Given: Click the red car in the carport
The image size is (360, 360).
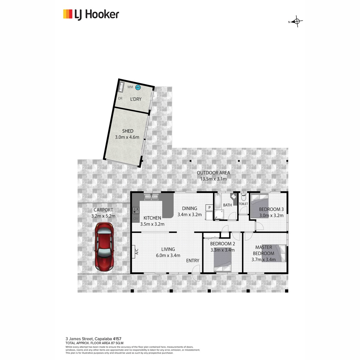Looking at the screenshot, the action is (104, 247).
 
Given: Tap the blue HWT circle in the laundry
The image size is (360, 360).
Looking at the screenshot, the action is (138, 87).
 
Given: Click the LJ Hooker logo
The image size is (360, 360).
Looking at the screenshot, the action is (91, 15).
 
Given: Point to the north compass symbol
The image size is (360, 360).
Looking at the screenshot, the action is (296, 22).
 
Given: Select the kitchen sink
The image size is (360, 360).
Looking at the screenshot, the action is (151, 197).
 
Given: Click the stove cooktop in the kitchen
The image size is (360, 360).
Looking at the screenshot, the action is (136, 210).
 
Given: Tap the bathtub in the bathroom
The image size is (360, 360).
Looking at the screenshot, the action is (217, 201).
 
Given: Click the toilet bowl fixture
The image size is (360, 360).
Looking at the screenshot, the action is (243, 197).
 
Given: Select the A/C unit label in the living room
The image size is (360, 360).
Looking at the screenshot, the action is (137, 251).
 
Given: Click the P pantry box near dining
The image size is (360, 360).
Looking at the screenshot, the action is (209, 208).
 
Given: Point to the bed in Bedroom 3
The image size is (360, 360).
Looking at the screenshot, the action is (259, 206).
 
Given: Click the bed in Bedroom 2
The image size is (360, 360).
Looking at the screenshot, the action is (223, 260).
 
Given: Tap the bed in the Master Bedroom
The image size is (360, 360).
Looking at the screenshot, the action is (274, 253).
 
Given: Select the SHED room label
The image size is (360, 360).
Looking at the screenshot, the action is (128, 131).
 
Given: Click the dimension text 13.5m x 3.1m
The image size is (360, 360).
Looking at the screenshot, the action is (213, 179).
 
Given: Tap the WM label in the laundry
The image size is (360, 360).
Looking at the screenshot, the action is (130, 87).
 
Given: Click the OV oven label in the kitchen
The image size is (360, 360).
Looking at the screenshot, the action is (136, 219).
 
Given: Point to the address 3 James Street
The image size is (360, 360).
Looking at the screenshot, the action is (79, 339).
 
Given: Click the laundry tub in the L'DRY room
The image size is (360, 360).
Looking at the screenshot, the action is (121, 87).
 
